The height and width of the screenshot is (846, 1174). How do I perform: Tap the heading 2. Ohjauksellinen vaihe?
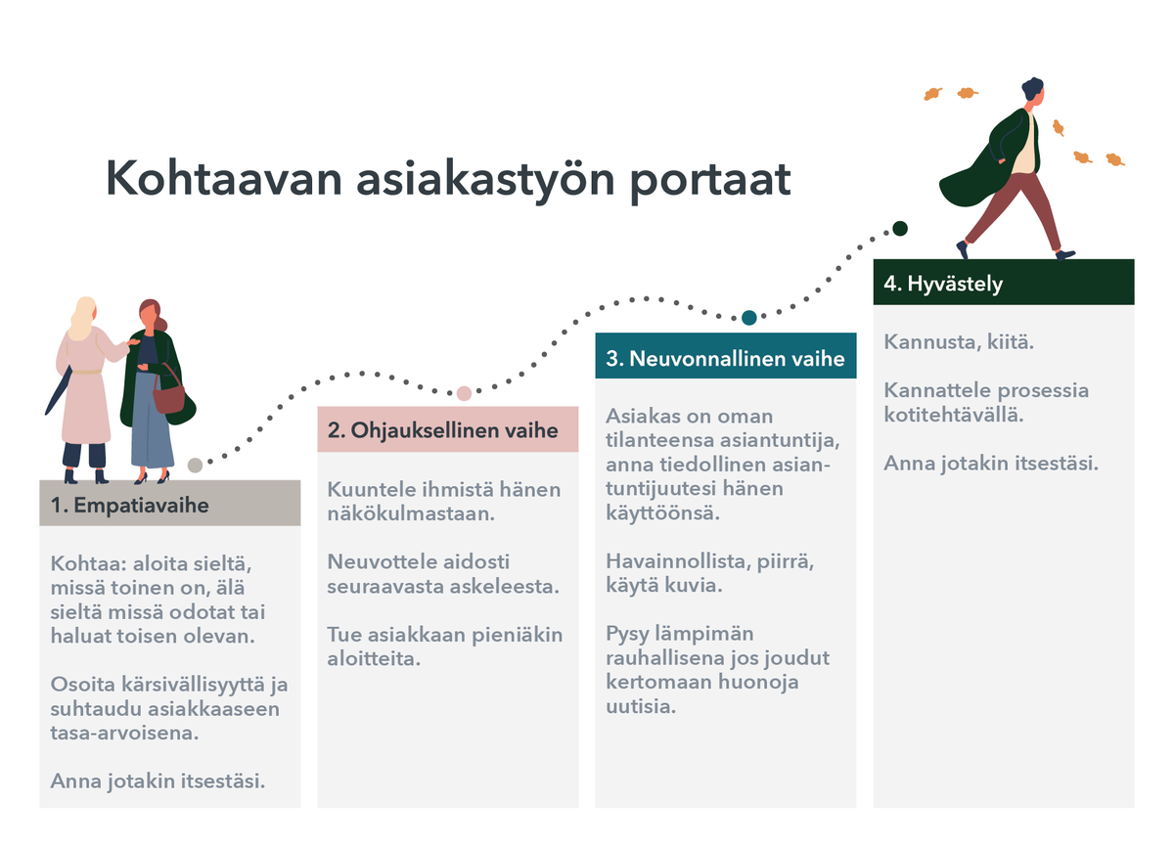[x=443, y=430]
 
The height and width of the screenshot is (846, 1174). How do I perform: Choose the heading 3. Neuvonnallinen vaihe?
[x=725, y=358]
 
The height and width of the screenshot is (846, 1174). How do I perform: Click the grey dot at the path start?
[x=196, y=465]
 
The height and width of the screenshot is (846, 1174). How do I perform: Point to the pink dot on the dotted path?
[x=464, y=393]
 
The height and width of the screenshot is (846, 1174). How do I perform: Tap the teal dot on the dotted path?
[x=748, y=317]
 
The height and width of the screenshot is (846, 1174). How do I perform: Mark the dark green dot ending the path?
[x=900, y=229]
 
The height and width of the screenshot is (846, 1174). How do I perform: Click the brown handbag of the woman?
[x=169, y=395]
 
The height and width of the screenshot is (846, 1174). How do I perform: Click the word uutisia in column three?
[x=641, y=706]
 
